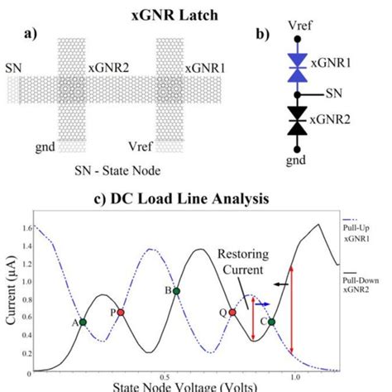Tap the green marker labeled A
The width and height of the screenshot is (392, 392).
(83, 322)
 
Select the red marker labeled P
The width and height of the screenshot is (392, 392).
(121, 313)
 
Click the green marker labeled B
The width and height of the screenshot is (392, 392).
(176, 290)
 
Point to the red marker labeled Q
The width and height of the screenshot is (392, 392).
(232, 313)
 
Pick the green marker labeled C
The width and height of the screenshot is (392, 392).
(271, 322)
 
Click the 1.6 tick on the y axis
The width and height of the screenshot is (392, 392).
(24, 226)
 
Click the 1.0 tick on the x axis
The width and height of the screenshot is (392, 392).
(295, 376)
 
